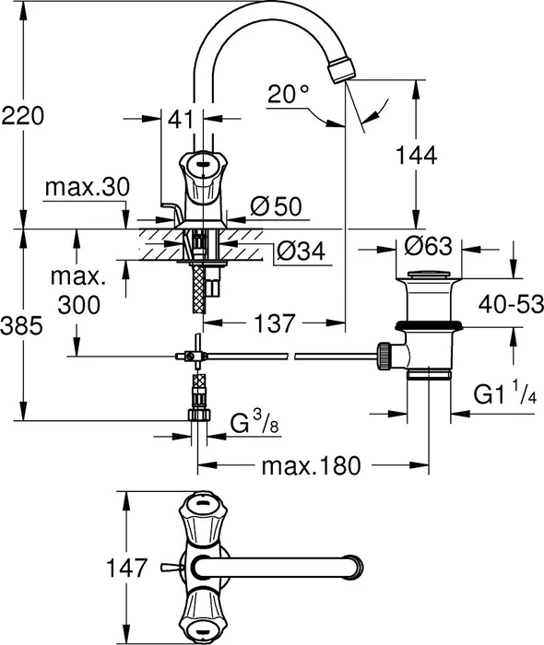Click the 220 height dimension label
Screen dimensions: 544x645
pyautogui.click(x=23, y=115)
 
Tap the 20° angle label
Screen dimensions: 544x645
pyautogui.click(x=288, y=94)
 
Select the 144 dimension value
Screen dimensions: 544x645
pyautogui.click(x=416, y=155)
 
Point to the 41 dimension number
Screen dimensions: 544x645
pyautogui.click(x=181, y=119)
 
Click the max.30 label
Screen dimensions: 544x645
pyautogui.click(x=88, y=187)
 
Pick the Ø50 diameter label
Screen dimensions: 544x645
pyautogui.click(x=276, y=205)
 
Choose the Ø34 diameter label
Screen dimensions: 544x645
pyautogui.click(x=301, y=251)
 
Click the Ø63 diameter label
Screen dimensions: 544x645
pyautogui.click(x=429, y=246)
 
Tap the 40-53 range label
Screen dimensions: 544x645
pyautogui.click(x=511, y=305)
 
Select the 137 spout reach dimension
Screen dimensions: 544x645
pyautogui.click(x=275, y=323)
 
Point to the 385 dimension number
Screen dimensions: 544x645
pyautogui.click(x=22, y=326)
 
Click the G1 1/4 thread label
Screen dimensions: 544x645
pyautogui.click(x=505, y=393)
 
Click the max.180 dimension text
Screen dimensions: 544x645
pyautogui.click(x=311, y=466)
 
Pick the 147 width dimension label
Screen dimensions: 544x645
pyautogui.click(x=126, y=569)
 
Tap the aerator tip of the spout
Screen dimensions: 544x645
pyautogui.click(x=342, y=69)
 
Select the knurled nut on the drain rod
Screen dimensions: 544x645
pyautogui.click(x=384, y=357)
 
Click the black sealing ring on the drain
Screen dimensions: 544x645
pyautogui.click(x=429, y=325)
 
